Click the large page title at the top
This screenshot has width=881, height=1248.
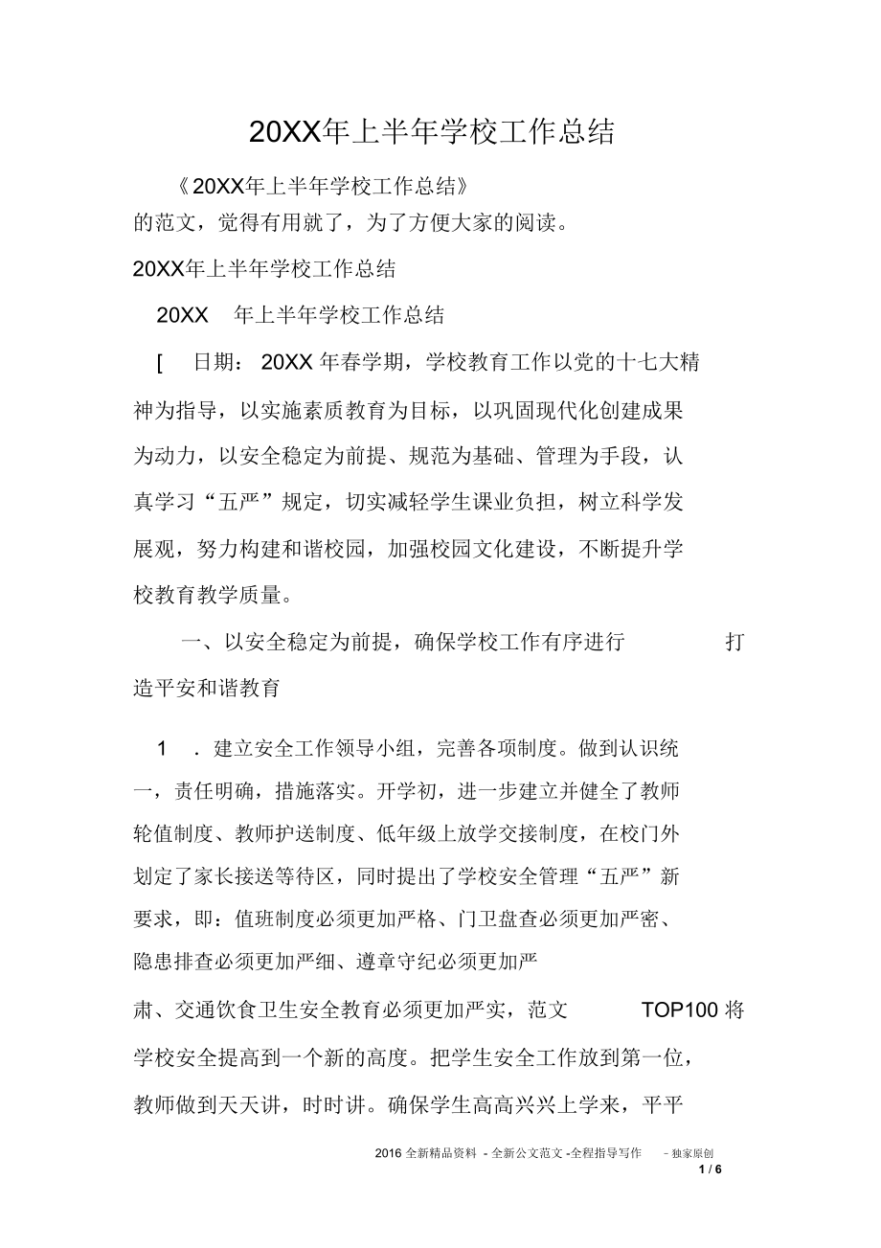pos(431,132)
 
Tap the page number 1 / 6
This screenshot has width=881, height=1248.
pos(710,1169)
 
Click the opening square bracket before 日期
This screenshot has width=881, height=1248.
pos(159,362)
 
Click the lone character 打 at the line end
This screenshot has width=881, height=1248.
pos(734,643)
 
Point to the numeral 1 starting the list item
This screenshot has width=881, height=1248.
pos(163,749)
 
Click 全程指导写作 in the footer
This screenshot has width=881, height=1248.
pos(605,1154)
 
